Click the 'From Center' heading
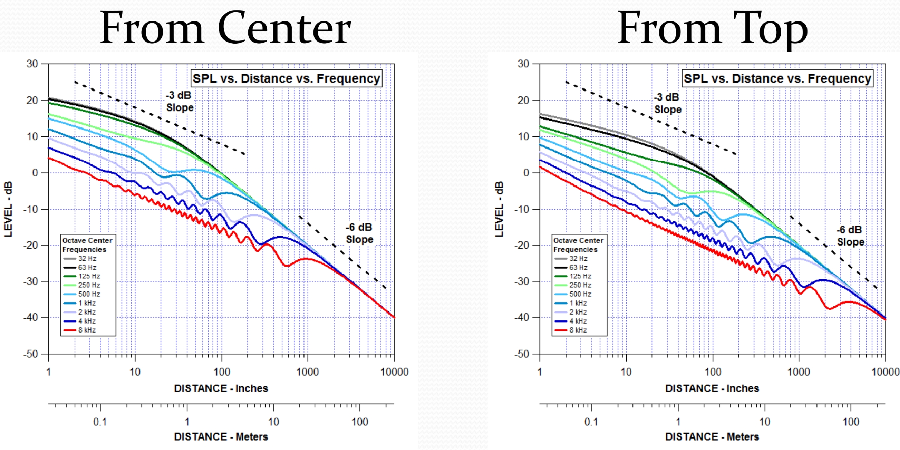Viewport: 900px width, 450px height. point(225,28)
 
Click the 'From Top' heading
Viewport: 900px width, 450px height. point(712,28)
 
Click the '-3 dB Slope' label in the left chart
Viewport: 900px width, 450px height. point(180,101)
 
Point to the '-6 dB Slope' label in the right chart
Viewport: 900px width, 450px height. point(850,236)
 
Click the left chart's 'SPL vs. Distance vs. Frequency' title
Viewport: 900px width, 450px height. point(286,78)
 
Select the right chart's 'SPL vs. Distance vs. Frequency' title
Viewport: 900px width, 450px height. point(777,78)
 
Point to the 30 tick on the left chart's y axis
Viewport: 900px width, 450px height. point(32,64)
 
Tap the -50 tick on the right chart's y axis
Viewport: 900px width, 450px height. point(522,354)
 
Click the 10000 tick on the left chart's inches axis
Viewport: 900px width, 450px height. point(394,372)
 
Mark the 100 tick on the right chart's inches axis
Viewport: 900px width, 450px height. point(712,372)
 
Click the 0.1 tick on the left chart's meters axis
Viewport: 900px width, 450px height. point(100,422)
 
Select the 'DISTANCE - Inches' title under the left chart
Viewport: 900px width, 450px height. point(221,388)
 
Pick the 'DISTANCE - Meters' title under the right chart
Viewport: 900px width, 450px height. point(712,437)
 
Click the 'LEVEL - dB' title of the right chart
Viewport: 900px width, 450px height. point(499,209)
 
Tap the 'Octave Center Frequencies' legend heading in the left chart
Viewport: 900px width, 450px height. point(87,245)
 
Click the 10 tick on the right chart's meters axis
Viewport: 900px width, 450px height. point(765,422)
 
